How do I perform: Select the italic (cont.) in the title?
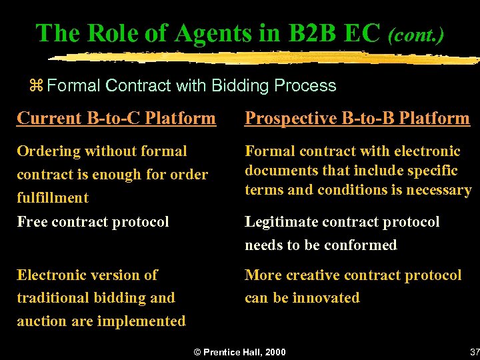(x=416, y=34)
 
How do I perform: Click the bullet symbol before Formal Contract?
(x=37, y=86)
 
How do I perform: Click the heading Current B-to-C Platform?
(x=116, y=119)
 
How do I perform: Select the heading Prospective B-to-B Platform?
(x=357, y=119)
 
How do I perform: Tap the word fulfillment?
(x=53, y=197)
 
